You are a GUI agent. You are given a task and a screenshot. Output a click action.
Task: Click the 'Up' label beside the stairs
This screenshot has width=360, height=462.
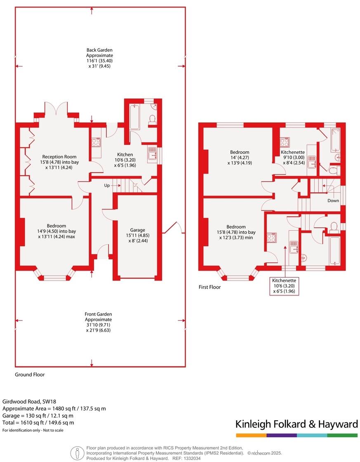pyautogui.click(x=107, y=186)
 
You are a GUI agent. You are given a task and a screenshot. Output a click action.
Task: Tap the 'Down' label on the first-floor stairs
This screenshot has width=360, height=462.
pyautogui.click(x=333, y=201)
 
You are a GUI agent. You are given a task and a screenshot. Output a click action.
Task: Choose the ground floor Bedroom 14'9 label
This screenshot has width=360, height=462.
pyautogui.click(x=56, y=231)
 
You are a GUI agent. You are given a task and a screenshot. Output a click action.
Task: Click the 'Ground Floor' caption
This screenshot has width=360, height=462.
pyautogui.click(x=30, y=375)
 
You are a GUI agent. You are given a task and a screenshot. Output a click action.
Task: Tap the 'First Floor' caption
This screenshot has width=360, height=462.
pyautogui.click(x=209, y=287)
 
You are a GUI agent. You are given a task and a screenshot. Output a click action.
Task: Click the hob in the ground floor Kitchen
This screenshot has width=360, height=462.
pyautogui.click(x=96, y=142)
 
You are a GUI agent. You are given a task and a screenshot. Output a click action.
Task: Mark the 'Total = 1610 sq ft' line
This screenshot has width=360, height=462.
pyautogui.click(x=38, y=422)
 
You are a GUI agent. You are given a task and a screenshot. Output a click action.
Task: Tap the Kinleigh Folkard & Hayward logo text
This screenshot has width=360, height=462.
pyautogui.click(x=296, y=424)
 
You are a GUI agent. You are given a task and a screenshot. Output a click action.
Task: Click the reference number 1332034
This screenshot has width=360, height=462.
pyautogui.click(x=192, y=458)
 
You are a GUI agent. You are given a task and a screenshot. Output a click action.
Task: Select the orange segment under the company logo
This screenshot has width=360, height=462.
pyautogui.click(x=251, y=435)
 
